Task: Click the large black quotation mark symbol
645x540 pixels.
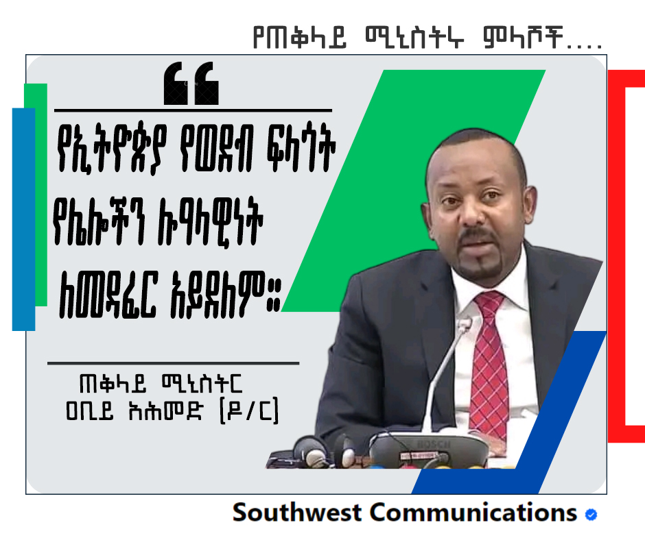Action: pos(191,84)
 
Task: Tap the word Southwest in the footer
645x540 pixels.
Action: pos(297,513)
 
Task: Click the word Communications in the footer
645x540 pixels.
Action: pos(473,513)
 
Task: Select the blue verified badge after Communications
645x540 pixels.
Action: pos(591,515)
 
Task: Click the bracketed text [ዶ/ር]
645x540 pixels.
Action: pos(249,410)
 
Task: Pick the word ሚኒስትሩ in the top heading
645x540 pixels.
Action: pos(414,38)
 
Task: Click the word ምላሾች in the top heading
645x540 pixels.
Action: pos(523,38)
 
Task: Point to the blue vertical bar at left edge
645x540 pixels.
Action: pos(23,219)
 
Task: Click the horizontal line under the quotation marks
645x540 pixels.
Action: pos(193,110)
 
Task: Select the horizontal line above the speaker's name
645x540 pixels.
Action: pos(173,363)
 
